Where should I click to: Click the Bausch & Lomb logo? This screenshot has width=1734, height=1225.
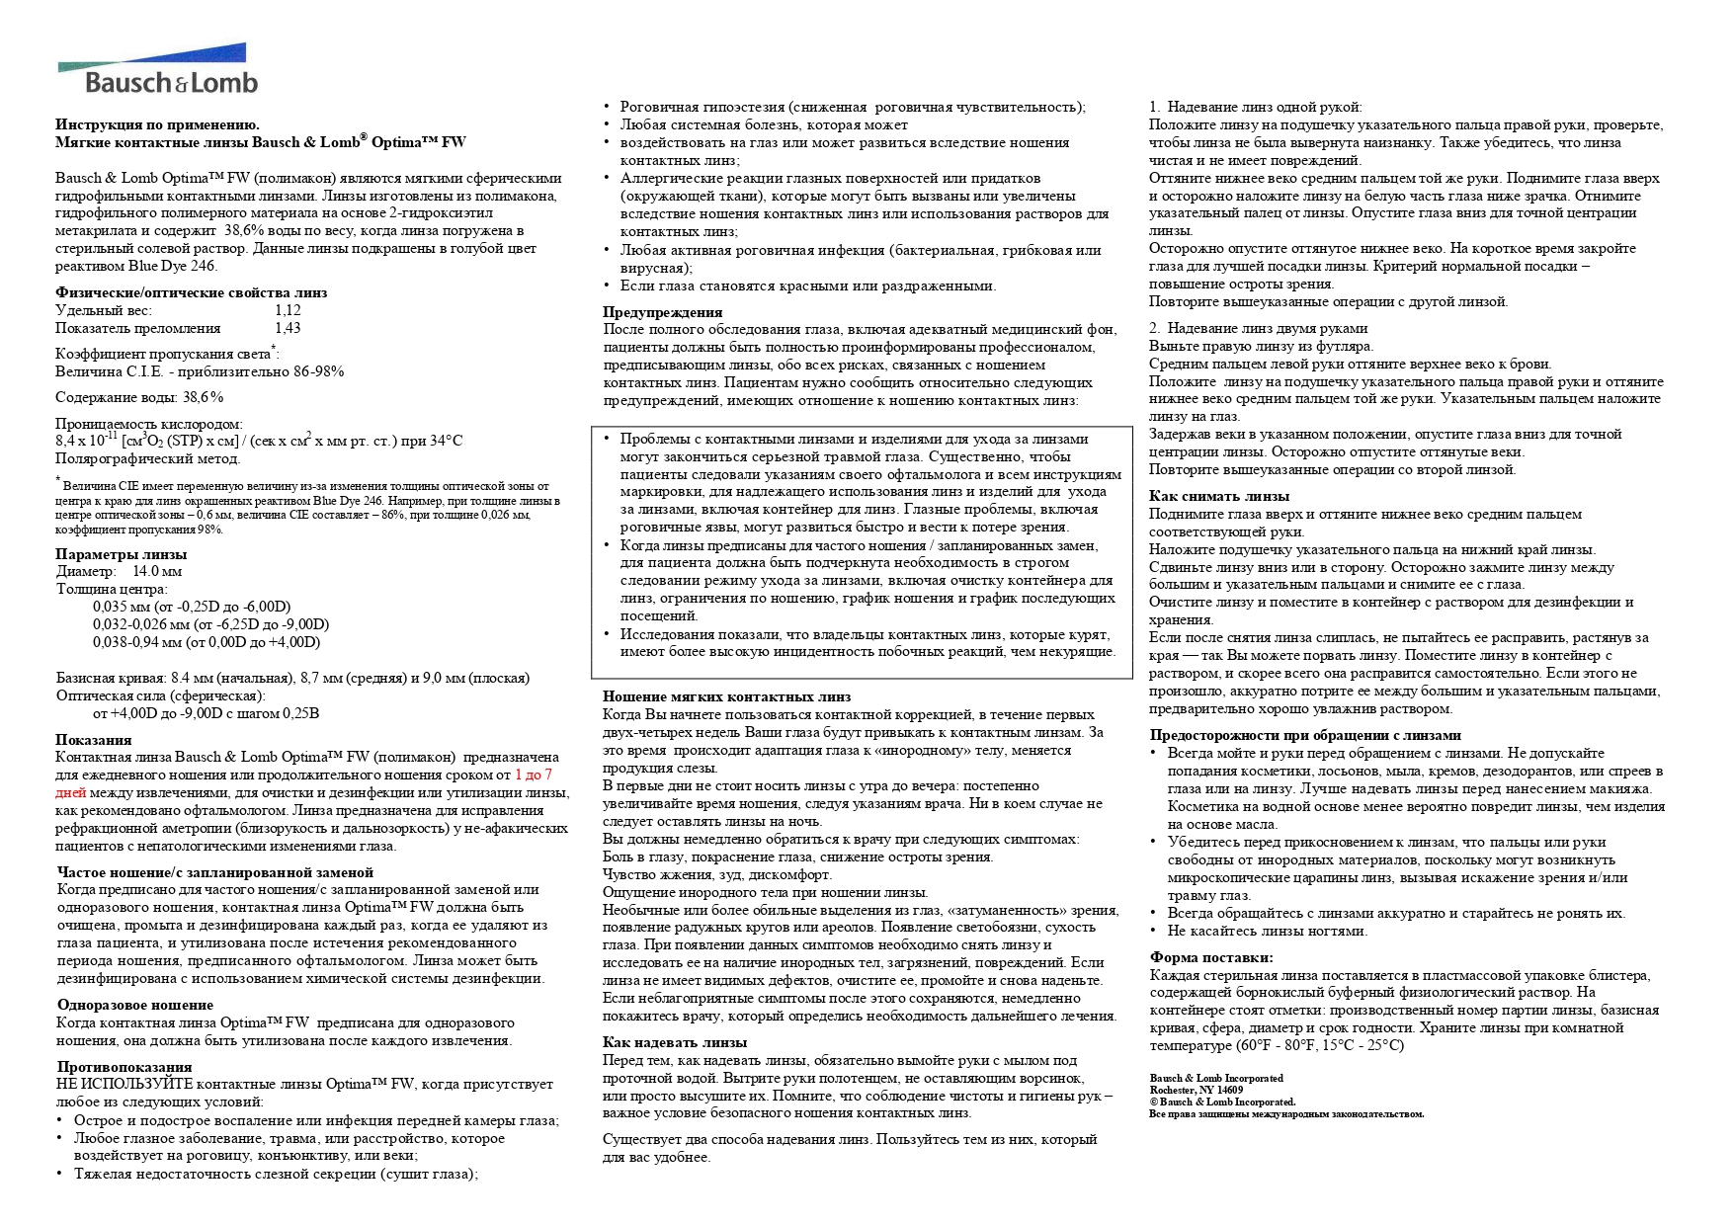point(158,69)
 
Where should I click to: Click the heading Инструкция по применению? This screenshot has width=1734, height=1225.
point(158,124)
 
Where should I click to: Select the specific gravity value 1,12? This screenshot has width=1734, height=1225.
point(288,310)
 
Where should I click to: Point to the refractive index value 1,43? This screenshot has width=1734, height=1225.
point(288,328)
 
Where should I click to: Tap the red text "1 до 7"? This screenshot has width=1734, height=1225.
point(534,776)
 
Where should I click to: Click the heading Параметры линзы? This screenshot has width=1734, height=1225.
point(121,554)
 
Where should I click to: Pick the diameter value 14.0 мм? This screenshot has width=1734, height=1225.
point(157,571)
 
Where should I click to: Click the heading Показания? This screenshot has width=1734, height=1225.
point(93,740)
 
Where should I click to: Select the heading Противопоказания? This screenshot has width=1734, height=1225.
point(124,1067)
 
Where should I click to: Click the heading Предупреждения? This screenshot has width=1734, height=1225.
point(663,312)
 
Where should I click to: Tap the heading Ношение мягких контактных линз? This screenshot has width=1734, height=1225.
point(727,696)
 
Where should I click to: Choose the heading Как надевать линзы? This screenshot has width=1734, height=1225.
point(675,1042)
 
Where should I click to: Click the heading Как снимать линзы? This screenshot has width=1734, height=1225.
point(1219,496)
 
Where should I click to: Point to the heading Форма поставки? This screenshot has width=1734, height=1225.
point(1211,957)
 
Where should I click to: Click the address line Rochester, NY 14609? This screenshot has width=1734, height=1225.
point(1197,1090)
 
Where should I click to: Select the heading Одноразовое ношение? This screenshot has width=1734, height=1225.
point(135,1005)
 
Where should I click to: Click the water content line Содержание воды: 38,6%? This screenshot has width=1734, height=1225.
point(139,397)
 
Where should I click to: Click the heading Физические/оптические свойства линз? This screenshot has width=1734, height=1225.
point(191,292)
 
